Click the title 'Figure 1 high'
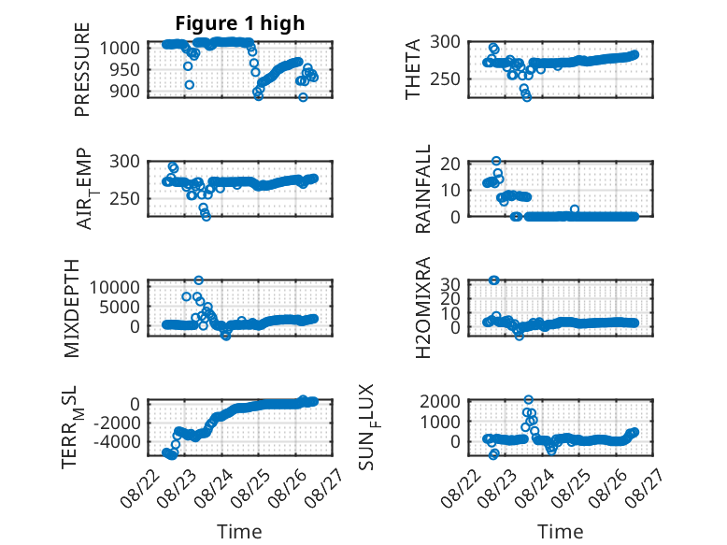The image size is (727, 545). (x=240, y=23)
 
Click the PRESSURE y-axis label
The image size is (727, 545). (x=81, y=69)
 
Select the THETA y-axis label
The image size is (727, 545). (x=412, y=69)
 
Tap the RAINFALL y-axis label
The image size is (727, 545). (x=423, y=189)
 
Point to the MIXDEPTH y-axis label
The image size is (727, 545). (x=71, y=308)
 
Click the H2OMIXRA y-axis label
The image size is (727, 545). (x=423, y=308)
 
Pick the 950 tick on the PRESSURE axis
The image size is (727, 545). (x=124, y=69)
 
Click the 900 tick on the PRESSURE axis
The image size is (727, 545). (x=124, y=92)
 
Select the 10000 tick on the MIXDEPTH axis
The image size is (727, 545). (x=115, y=287)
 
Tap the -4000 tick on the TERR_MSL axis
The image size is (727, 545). (x=117, y=441)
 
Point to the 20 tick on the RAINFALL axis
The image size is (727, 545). (x=450, y=164)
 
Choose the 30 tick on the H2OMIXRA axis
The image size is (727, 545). (x=450, y=283)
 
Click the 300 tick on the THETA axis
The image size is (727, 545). (x=445, y=42)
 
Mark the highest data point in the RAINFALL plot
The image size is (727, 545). (x=496, y=161)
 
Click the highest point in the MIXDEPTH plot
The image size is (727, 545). (x=198, y=280)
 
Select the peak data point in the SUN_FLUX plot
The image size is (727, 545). (x=529, y=399)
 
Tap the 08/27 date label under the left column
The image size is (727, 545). (x=325, y=486)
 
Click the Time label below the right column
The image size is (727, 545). (x=560, y=532)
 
